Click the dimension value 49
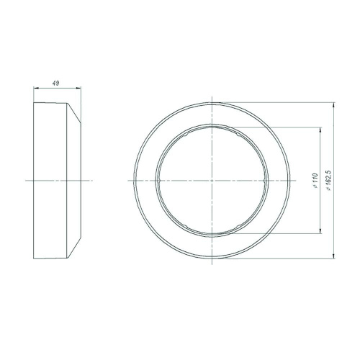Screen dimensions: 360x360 [55, 84]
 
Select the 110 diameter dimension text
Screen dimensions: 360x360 [315, 180]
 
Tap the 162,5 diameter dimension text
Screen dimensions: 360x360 [328, 181]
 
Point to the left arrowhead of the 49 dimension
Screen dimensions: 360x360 [36, 89]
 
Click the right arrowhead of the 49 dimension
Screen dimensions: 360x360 [78, 89]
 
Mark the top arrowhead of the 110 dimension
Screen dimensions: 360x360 [320, 130]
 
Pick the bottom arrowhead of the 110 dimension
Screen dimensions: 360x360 [320, 230]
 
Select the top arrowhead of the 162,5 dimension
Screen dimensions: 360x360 [333, 105]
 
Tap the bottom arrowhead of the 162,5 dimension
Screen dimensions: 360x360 [333, 256]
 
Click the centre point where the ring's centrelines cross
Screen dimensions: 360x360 [212, 180]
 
